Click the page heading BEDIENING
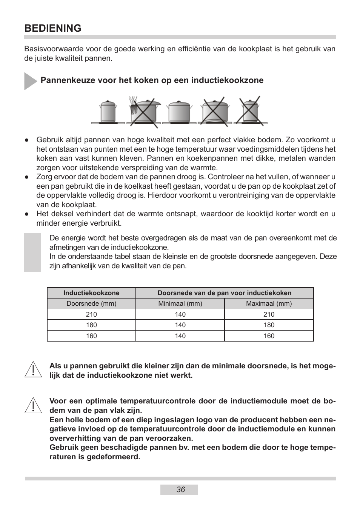pyautogui.click(x=53, y=28)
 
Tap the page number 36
pyautogui.click(x=180, y=489)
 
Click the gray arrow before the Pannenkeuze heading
pyautogui.click(x=30, y=81)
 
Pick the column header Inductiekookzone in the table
pyautogui.click(x=91, y=293)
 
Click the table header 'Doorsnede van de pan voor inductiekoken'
pyautogui.click(x=225, y=293)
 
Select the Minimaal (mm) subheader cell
pyautogui.click(x=180, y=303)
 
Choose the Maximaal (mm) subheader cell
pyautogui.click(x=269, y=303)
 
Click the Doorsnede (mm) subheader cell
pyautogui.click(x=91, y=303)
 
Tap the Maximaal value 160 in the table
pyautogui.click(x=269, y=336)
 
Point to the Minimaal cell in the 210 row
pyautogui.click(x=180, y=314)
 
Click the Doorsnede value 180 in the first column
pyautogui.click(x=91, y=325)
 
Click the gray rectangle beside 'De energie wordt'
pyautogui.click(x=33, y=252)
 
